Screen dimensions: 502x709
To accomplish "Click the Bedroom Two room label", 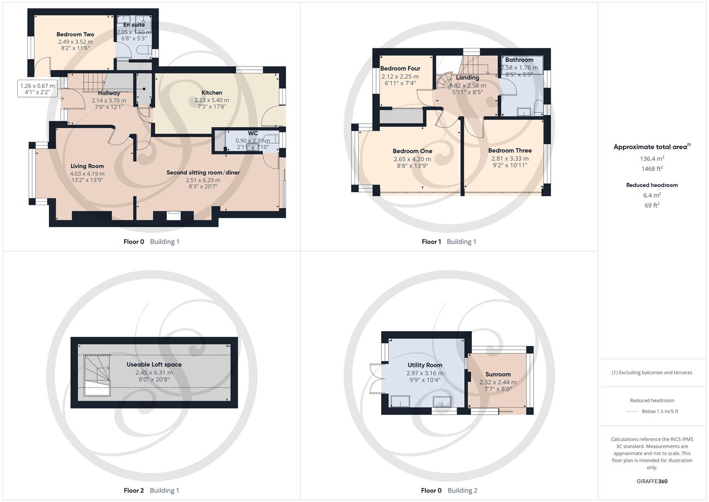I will pos(75,34).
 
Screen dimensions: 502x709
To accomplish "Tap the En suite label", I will pos(134,25).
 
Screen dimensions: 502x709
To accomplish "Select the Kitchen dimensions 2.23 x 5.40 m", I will pos(212,100).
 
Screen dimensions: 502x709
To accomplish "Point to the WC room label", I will pos(253,133).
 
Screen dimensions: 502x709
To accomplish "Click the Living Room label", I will pos(87,166).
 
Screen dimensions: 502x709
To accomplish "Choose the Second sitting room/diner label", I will pos(203,172).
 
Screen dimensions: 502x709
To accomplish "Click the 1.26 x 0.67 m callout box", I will pos(37,89).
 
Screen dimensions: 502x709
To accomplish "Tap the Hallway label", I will pos(109,93).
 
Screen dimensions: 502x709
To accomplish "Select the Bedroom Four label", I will pos(400,68).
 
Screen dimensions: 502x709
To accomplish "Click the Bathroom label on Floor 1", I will pos(519,60).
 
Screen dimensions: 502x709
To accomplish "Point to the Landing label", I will pos(467,78).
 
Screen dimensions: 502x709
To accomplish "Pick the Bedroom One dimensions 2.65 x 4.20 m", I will pos(412,159).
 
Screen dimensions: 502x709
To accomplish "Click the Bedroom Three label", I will pos(510,151).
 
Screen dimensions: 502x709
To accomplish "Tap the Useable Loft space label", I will pos(154,364).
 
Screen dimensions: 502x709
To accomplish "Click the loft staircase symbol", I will pos(97,375).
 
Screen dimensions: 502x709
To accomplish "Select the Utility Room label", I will pos(425,365).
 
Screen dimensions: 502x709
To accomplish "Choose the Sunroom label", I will pos(498,374).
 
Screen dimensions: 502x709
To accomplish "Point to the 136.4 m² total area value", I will pos(652,159).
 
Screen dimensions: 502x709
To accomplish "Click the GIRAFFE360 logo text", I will pos(652,481).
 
